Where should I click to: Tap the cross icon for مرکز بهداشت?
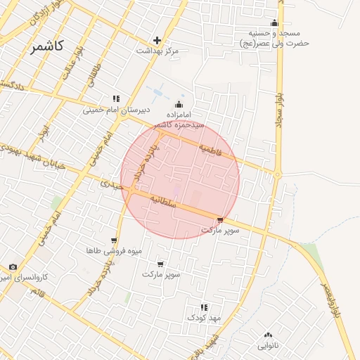157,40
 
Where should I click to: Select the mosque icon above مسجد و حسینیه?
274,22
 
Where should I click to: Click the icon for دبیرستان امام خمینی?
116,99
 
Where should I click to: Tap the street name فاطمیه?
209,149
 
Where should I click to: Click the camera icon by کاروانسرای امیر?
13,267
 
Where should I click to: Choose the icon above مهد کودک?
204,307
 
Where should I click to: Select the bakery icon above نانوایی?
268,335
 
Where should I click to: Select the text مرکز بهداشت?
157,51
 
